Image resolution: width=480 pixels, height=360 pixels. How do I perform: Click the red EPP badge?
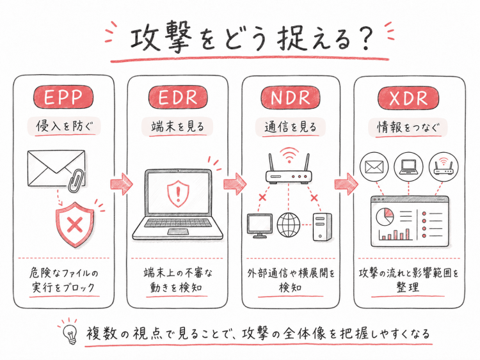[x=63, y=97]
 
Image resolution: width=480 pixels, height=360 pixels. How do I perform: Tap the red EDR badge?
[x=177, y=97]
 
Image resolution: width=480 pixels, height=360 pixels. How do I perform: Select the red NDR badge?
[x=290, y=97]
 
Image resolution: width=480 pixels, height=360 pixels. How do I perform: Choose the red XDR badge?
[x=408, y=98]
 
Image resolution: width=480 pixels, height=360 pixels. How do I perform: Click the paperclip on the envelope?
[x=75, y=180]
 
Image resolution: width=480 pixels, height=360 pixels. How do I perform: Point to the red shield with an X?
[x=75, y=224]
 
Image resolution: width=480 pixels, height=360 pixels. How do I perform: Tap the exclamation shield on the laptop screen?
[x=178, y=194]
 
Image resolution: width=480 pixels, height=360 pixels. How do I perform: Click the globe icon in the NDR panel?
[x=289, y=225]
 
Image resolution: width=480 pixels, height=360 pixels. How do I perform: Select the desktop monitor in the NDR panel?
[x=260, y=226]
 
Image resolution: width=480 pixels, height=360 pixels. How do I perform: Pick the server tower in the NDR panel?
[x=322, y=226]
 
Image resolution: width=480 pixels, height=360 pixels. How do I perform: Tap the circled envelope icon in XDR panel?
[x=374, y=167]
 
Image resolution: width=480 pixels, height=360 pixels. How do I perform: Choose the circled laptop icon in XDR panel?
[x=408, y=167]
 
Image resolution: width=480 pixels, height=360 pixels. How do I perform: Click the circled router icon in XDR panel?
[x=444, y=167]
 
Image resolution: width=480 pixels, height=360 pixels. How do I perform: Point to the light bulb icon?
[x=70, y=334]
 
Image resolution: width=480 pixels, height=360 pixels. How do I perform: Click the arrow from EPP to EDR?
[x=121, y=184]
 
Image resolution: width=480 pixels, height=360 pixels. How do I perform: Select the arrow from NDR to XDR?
[x=346, y=184]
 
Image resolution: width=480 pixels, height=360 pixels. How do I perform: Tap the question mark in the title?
[x=365, y=39]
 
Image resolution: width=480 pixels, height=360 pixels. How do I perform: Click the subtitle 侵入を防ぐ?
[x=64, y=126]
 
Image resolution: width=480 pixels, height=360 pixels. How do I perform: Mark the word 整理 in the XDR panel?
[x=408, y=287]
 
